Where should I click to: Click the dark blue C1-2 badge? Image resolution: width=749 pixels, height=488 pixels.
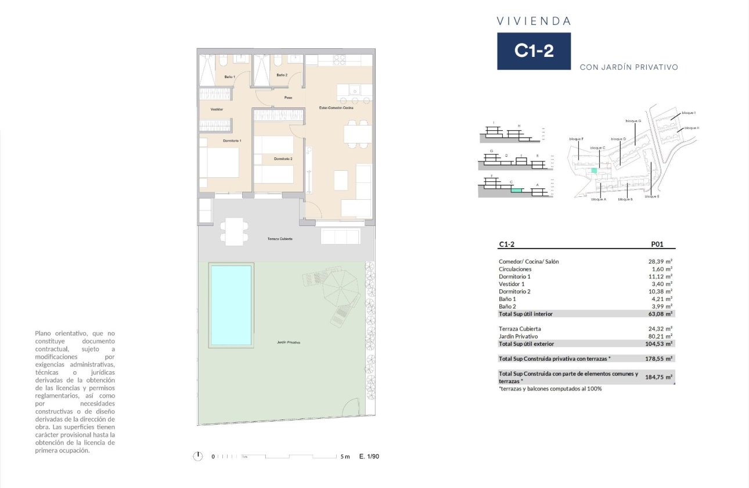click(x=534, y=51)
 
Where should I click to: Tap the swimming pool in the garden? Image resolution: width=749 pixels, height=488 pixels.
click(x=231, y=306)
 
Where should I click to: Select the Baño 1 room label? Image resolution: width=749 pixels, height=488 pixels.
click(x=229, y=77)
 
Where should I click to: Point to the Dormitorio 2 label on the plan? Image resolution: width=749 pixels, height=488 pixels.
click(x=283, y=159)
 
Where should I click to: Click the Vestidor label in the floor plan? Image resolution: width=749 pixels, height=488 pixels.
click(x=217, y=109)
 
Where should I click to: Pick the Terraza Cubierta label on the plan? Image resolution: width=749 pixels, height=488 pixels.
click(x=280, y=239)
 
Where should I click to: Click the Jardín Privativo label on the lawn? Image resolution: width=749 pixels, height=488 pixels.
click(x=289, y=343)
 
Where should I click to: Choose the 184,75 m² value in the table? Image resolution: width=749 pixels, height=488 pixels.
click(x=658, y=377)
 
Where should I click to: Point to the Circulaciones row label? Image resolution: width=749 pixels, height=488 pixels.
click(x=515, y=269)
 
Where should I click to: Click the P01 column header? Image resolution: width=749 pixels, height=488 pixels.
click(x=657, y=245)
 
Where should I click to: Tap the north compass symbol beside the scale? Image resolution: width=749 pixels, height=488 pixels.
click(x=199, y=457)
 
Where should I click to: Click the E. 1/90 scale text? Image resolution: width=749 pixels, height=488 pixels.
click(x=369, y=457)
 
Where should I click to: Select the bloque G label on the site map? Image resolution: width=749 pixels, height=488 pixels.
click(x=633, y=121)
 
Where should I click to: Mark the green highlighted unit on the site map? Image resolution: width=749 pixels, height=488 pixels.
click(x=593, y=171)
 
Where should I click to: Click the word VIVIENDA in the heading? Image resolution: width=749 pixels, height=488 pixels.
click(x=534, y=21)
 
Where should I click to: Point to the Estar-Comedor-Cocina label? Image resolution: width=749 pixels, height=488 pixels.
click(x=336, y=108)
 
